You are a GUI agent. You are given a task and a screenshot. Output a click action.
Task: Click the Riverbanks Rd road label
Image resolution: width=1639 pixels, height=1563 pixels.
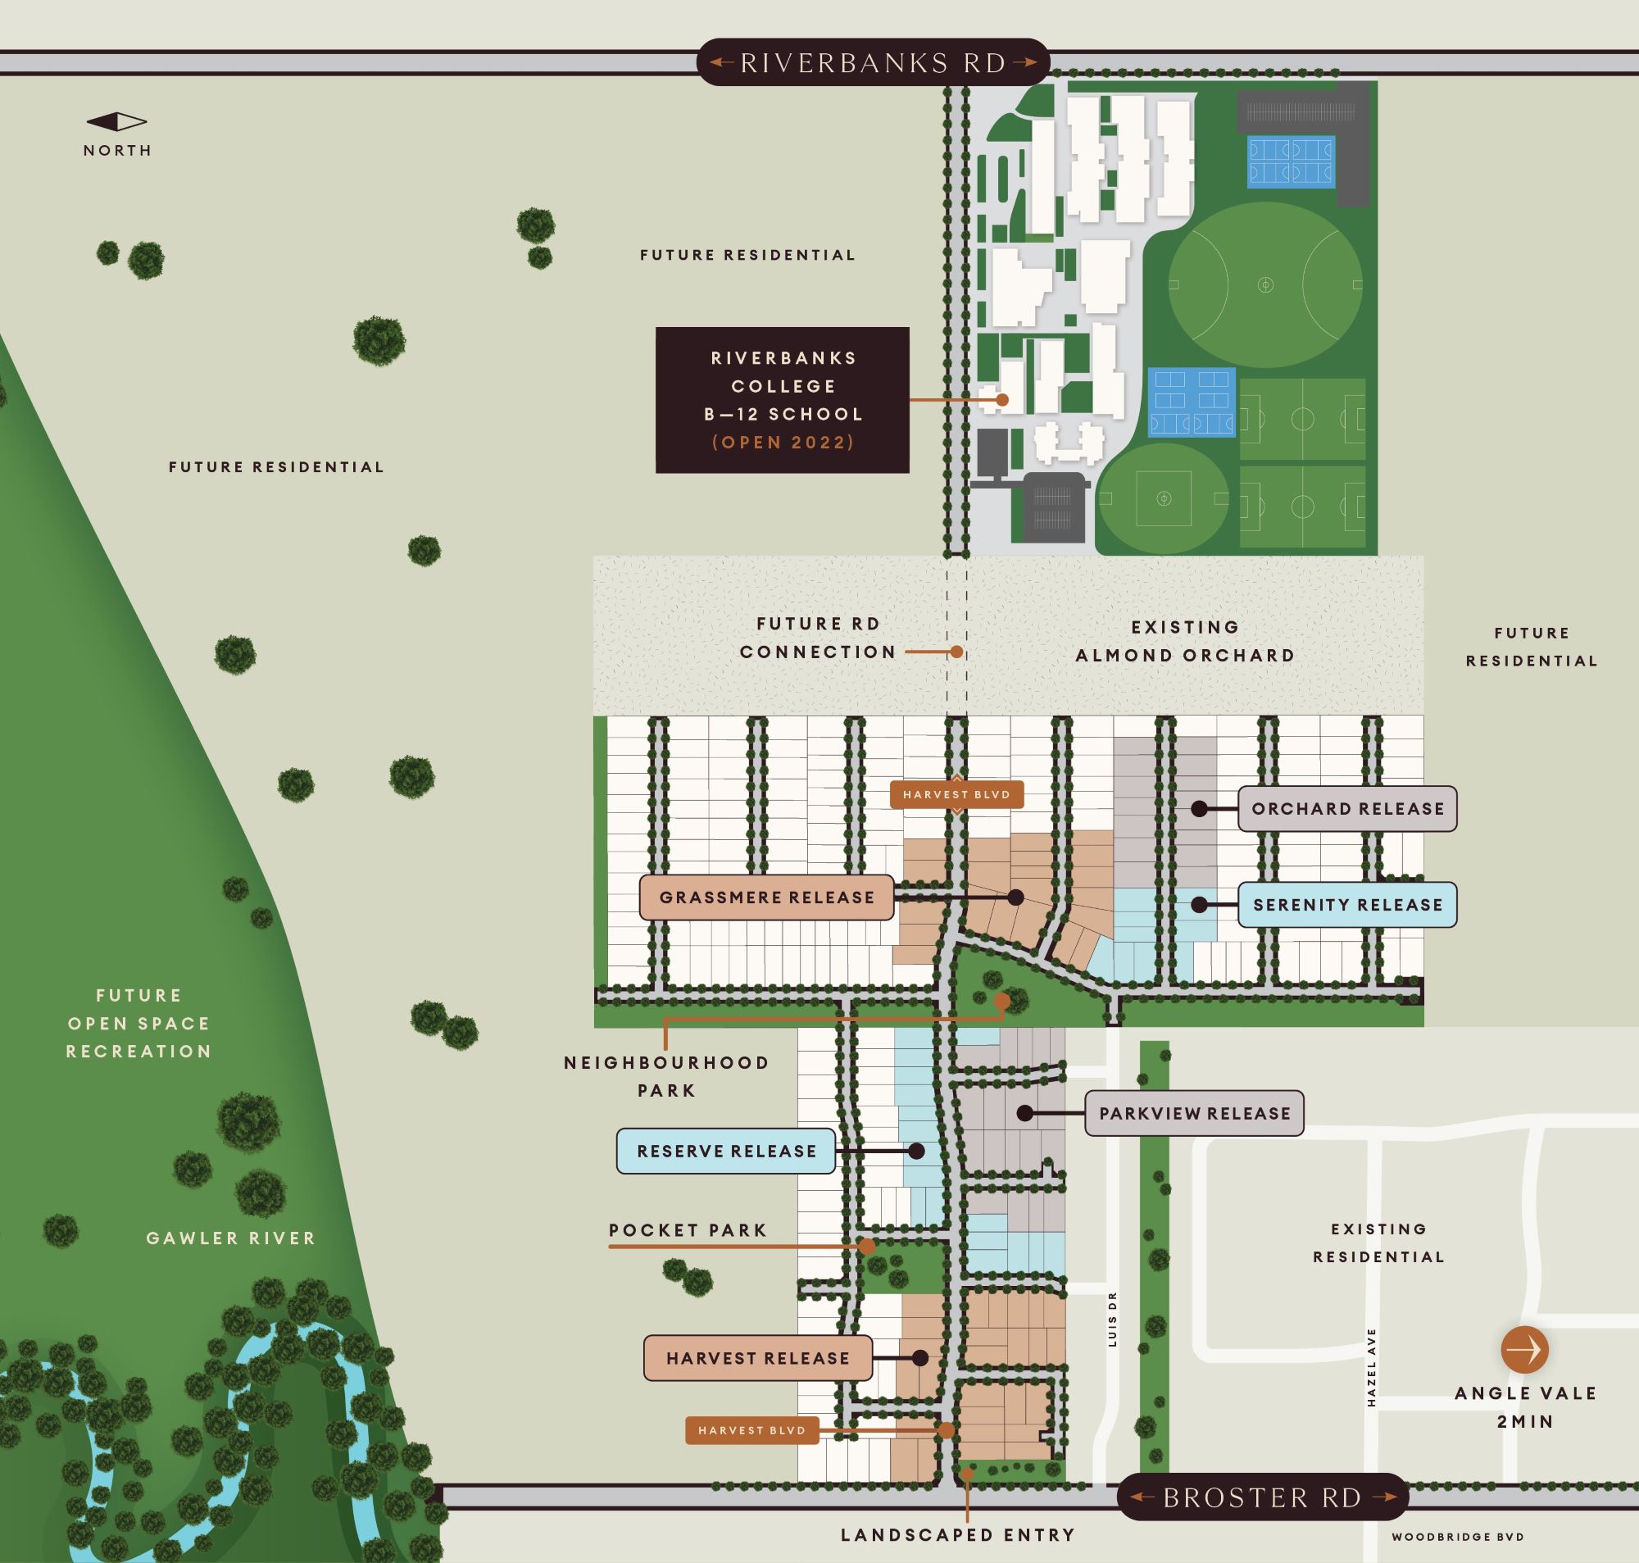click(x=872, y=62)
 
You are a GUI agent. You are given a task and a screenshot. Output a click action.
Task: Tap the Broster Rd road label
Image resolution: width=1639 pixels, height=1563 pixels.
click(x=1262, y=1497)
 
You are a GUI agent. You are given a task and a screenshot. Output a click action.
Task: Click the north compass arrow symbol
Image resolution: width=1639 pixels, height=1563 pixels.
click(x=117, y=122)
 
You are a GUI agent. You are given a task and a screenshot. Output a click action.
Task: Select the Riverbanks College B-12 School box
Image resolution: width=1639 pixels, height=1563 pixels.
click(x=782, y=400)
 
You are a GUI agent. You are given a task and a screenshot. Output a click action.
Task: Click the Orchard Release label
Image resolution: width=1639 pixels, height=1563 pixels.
click(x=1346, y=808)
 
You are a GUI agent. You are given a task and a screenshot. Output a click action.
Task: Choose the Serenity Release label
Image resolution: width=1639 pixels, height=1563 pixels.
click(x=1346, y=904)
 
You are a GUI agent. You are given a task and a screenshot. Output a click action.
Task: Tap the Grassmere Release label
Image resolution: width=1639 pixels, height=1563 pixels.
click(x=766, y=897)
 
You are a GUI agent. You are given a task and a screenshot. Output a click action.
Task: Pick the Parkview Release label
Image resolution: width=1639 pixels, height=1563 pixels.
click(x=1193, y=1113)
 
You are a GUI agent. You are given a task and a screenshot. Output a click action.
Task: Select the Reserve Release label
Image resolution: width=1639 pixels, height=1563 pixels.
click(x=725, y=1152)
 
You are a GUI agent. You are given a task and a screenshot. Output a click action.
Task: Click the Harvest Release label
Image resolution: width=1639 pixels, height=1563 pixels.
click(x=757, y=1358)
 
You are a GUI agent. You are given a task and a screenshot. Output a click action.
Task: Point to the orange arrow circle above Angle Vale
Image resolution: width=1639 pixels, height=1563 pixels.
click(x=1524, y=1349)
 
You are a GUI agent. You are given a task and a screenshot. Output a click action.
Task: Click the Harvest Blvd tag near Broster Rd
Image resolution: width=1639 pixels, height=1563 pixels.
click(x=751, y=1430)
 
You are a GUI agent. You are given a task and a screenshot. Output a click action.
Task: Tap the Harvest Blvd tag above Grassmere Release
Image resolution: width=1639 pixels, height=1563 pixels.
click(x=956, y=795)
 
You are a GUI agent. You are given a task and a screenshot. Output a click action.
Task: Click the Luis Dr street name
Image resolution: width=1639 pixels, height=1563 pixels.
click(x=1114, y=1320)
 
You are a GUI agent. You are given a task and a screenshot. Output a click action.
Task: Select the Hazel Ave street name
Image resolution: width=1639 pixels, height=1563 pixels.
click(x=1371, y=1367)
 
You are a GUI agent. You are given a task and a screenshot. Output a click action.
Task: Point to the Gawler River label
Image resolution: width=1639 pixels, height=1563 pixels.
click(x=231, y=1238)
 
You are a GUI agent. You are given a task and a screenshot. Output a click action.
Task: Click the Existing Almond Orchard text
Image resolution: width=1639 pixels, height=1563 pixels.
click(x=1184, y=641)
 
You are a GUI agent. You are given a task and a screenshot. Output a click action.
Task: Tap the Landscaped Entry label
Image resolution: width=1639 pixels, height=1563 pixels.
click(x=958, y=1534)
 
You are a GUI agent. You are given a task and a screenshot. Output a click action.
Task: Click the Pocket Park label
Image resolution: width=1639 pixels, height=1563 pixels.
click(x=687, y=1230)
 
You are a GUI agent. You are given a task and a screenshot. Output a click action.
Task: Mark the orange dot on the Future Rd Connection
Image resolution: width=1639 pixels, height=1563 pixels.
click(x=957, y=652)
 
